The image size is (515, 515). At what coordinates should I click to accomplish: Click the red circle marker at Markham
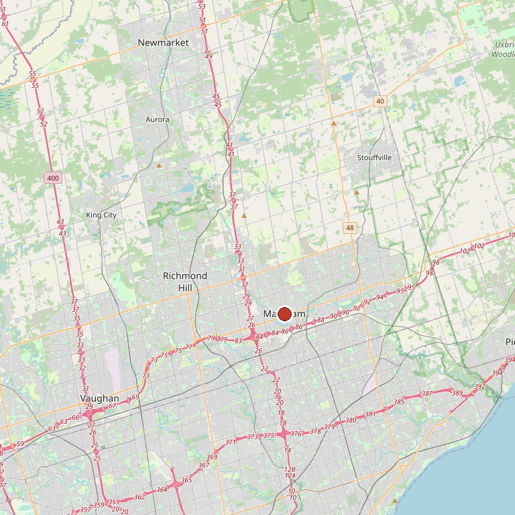pyautogui.click(x=284, y=314)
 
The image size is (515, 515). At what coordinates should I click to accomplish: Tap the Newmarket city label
pyautogui.click(x=164, y=42)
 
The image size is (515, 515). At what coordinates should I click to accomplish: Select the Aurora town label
pyautogui.click(x=158, y=119)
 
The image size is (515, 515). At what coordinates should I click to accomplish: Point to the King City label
pyautogui.click(x=101, y=215)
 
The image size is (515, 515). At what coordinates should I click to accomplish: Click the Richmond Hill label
pyautogui.click(x=185, y=282)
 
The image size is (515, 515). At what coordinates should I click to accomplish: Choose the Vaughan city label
pyautogui.click(x=99, y=398)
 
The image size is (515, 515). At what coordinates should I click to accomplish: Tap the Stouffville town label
pyautogui.click(x=374, y=158)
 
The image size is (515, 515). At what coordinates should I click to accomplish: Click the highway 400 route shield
pyautogui.click(x=52, y=178)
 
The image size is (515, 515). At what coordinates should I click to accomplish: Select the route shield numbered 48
pyautogui.click(x=350, y=228)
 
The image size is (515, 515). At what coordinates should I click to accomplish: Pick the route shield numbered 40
pyautogui.click(x=380, y=101)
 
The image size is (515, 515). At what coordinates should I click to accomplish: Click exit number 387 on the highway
pyautogui.click(x=426, y=393)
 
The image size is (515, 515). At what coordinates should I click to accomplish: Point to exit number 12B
pyautogui.click(x=290, y=469)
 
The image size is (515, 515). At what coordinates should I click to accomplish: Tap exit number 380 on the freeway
pyautogui.click(x=351, y=420)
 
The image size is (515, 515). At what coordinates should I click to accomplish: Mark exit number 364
pyautogui.click(x=162, y=490)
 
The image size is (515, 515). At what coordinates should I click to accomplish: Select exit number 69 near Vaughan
pyautogui.click(x=135, y=397)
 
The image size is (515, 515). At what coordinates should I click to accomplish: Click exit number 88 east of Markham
pyautogui.click(x=321, y=320)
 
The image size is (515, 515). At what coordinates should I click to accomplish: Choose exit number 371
pyautogui.click(x=231, y=442)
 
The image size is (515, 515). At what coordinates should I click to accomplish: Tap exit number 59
pyautogui.click(x=19, y=444)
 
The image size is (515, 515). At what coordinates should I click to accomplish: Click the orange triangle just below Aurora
pyautogui.click(x=159, y=165)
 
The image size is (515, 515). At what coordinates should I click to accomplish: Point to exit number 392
pyautogui.click(x=479, y=387)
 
